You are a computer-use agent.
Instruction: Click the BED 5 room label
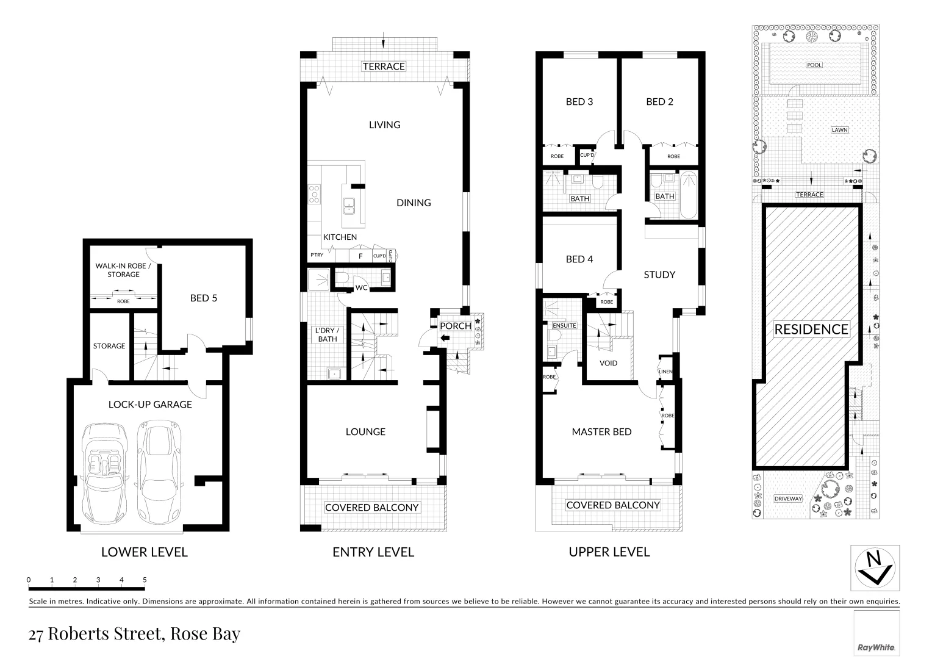[203, 298]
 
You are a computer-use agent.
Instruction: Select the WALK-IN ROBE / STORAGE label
[123, 270]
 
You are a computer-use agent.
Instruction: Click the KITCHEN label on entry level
[340, 237]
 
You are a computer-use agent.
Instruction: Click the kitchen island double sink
[349, 206]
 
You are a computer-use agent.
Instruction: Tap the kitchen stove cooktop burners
[314, 193]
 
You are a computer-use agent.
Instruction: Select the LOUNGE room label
[365, 431]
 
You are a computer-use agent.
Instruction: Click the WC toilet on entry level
[342, 278]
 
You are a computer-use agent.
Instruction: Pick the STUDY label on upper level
[659, 275]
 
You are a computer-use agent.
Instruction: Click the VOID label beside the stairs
[608, 363]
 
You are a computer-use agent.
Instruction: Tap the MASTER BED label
[601, 431]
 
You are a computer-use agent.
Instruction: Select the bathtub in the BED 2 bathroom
[689, 195]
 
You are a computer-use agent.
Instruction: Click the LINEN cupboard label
[665, 372]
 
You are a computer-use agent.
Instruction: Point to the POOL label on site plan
[814, 65]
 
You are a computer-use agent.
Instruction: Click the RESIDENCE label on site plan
[811, 329]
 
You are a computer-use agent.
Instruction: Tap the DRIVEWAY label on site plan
[788, 499]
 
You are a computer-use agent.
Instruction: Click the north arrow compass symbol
[875, 567]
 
